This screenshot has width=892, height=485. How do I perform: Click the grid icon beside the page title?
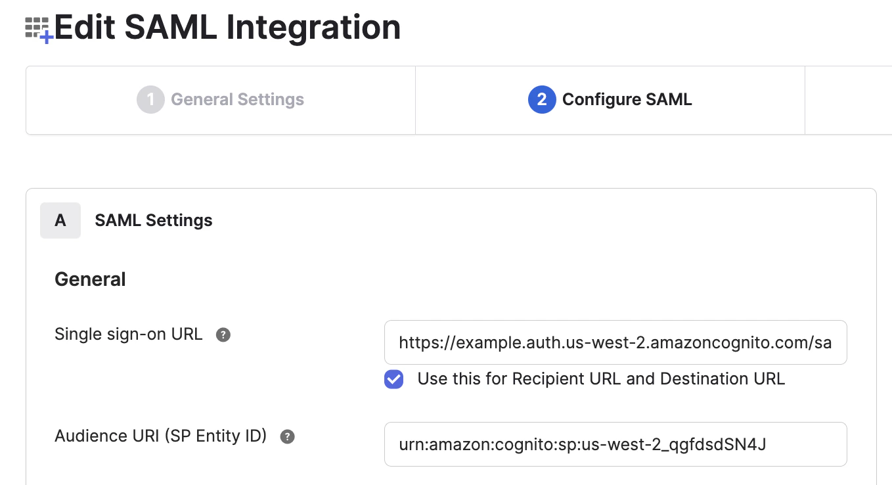click(38, 29)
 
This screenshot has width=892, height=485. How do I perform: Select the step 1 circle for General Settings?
click(150, 100)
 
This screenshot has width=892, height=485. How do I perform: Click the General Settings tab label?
click(237, 100)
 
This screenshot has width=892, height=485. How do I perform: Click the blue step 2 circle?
click(542, 100)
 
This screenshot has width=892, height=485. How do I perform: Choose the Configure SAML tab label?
click(627, 100)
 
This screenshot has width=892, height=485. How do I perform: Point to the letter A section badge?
click(60, 220)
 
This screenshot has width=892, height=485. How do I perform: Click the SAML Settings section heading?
click(154, 220)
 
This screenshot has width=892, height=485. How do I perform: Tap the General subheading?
click(90, 279)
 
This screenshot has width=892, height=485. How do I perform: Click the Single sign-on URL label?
click(128, 334)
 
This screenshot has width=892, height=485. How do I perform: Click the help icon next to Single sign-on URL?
click(223, 335)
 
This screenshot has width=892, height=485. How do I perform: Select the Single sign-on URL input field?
click(615, 342)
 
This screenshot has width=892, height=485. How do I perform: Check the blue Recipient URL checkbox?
click(393, 379)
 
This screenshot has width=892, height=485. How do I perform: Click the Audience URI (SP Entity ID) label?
click(160, 436)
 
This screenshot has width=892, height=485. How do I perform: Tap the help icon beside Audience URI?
click(287, 437)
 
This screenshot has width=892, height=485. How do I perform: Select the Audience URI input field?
click(615, 444)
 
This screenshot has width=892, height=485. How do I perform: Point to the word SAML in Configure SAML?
click(665, 100)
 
